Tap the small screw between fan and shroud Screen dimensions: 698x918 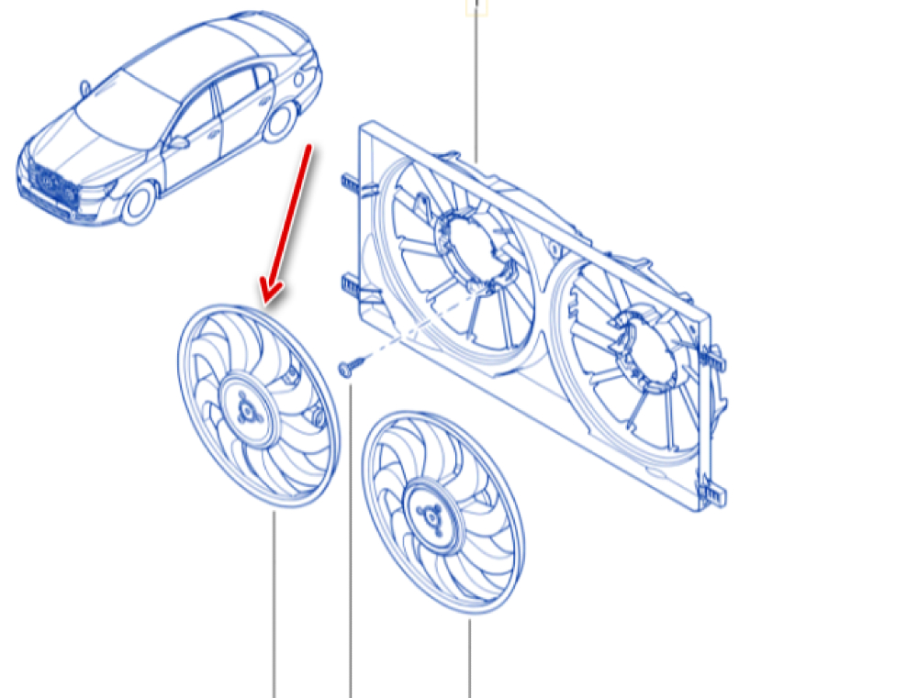click(x=346, y=368)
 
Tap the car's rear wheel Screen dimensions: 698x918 click(x=279, y=122)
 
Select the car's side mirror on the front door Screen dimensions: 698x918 click(x=178, y=142)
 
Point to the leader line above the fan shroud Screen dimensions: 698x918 click(x=476, y=83)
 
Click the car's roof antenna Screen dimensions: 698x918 click(x=85, y=88)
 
